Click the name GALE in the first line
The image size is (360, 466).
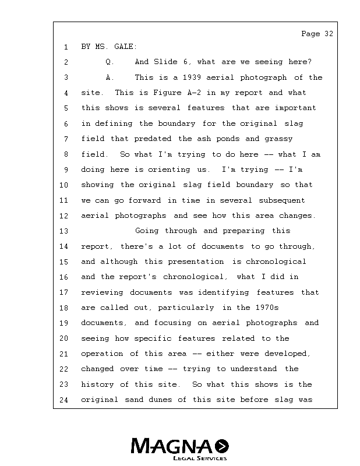point(124,47)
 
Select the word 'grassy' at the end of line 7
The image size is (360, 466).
point(278,139)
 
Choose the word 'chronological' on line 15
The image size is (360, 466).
point(278,262)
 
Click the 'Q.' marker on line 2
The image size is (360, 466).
point(110,62)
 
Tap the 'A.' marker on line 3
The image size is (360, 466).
point(110,77)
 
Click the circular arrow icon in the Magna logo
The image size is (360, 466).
point(222,446)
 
